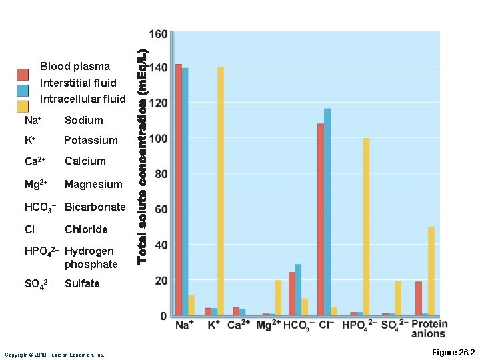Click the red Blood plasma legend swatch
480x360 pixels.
pyautogui.click(x=23, y=74)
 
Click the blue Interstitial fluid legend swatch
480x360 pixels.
pyautogui.click(x=23, y=91)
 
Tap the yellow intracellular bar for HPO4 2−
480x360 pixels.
pyautogui.click(x=366, y=227)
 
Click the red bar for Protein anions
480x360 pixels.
pyautogui.click(x=419, y=298)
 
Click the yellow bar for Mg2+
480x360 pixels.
pyautogui.click(x=278, y=297)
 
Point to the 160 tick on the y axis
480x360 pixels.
pyautogui.click(x=158, y=34)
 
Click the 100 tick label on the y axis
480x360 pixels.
pyautogui.click(x=158, y=139)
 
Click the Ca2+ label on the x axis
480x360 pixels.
pyautogui.click(x=239, y=326)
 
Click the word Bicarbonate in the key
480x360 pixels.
pyautogui.click(x=95, y=207)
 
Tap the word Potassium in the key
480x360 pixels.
pyautogui.click(x=91, y=140)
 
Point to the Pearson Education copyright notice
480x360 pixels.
pyautogui.click(x=55, y=355)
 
